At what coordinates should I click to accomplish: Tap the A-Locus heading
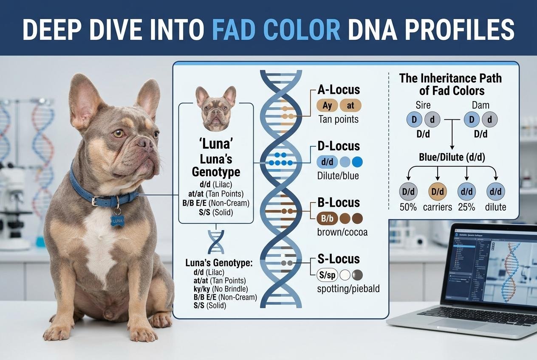(339, 90)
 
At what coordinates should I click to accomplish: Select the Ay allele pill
(327, 105)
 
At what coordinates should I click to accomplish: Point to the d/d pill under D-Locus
(327, 161)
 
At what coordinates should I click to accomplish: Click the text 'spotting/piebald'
(348, 289)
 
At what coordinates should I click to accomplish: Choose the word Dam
(480, 105)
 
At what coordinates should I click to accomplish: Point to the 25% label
(466, 207)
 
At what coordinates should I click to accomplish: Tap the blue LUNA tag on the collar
(118, 220)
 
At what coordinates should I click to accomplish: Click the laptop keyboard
(476, 316)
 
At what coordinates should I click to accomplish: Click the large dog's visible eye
(119, 133)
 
